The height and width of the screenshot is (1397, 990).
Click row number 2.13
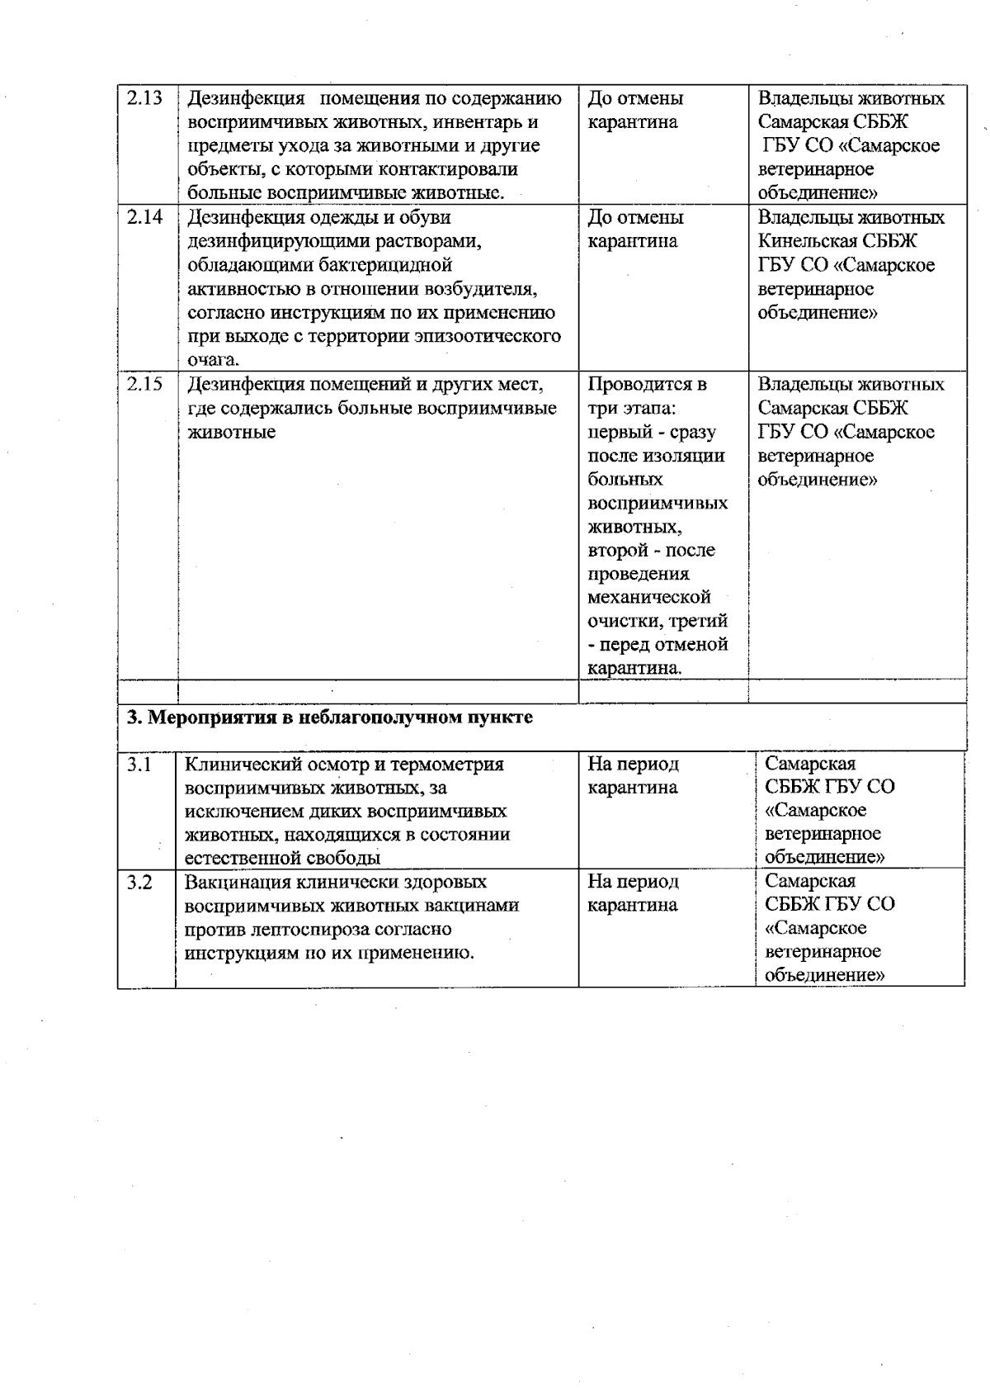144,98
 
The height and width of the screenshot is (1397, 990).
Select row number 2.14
144,218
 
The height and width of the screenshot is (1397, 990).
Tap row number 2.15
144,385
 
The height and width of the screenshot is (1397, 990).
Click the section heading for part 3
328,717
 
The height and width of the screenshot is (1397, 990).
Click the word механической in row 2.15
648,597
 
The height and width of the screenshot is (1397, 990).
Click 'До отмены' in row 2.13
635,98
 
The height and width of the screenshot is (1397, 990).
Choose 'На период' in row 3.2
633,882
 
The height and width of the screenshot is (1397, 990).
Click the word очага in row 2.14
211,361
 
